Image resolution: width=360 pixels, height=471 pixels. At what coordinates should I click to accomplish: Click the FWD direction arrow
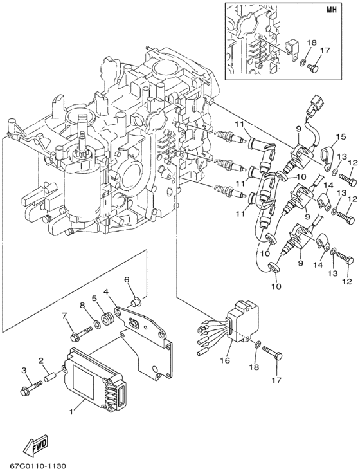tap(35, 443)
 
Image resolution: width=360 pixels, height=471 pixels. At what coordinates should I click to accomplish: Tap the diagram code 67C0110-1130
tap(37, 466)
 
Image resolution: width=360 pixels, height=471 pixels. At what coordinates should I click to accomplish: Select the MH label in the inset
tap(331, 9)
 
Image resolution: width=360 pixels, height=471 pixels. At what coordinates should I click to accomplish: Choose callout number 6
tap(127, 279)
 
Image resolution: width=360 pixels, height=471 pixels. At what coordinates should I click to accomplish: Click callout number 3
tap(25, 371)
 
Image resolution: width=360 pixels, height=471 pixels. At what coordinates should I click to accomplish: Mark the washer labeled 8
tap(97, 324)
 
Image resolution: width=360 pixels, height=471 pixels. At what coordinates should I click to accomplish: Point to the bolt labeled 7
tap(81, 333)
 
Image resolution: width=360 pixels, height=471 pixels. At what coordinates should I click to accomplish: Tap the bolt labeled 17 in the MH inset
tap(312, 69)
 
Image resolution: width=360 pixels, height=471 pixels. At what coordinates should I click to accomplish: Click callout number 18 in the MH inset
tap(311, 42)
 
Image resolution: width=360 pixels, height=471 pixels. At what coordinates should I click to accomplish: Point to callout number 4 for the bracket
tap(106, 291)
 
